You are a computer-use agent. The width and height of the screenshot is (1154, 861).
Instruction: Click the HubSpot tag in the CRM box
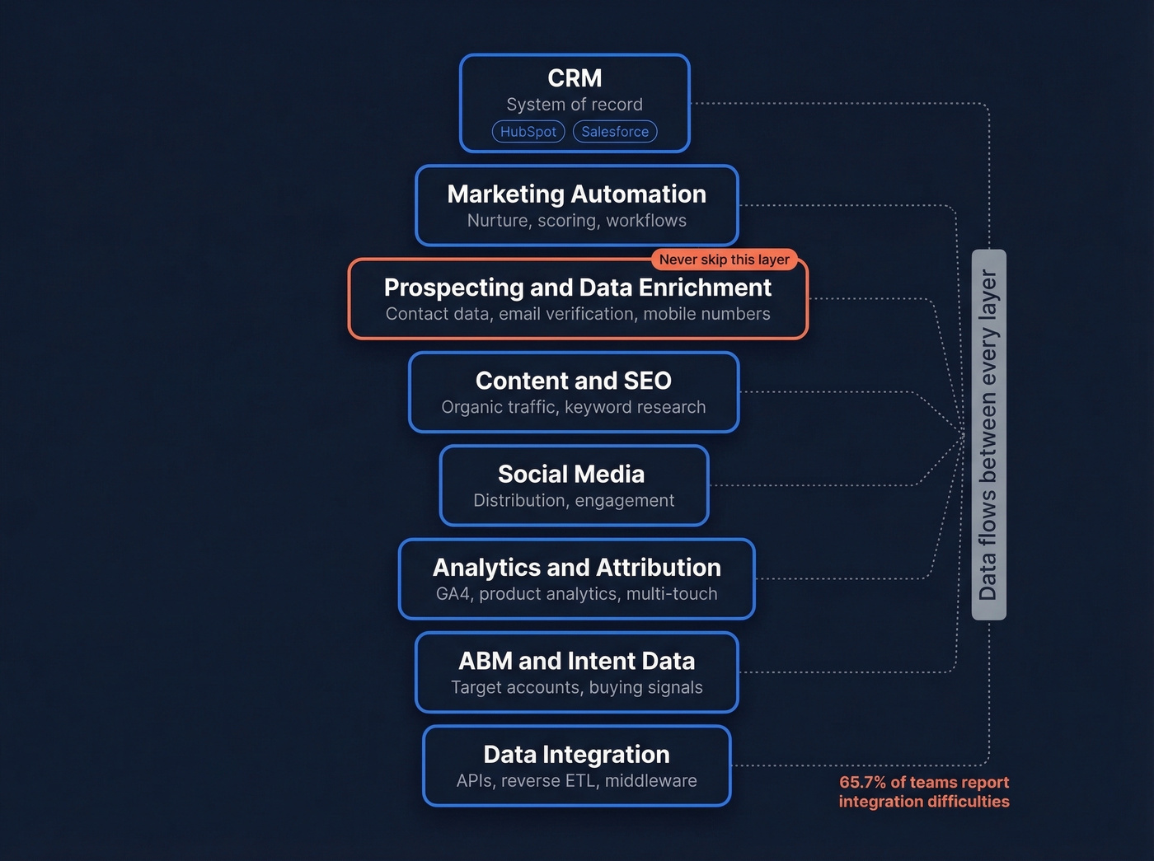tap(528, 132)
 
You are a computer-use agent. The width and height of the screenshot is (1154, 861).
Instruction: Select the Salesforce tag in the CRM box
tap(615, 132)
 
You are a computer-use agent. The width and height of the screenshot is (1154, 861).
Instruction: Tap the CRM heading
tap(575, 78)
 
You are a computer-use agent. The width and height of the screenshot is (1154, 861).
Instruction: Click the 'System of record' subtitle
tap(575, 105)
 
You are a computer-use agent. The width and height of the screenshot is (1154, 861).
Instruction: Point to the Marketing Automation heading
tap(576, 194)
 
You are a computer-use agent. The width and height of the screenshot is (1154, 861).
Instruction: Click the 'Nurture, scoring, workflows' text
tap(576, 221)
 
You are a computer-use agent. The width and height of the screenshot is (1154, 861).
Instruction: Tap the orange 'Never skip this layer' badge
tap(724, 260)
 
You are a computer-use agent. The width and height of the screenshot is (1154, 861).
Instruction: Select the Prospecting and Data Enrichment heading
tap(577, 288)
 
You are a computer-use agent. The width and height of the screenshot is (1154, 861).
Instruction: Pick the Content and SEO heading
tap(574, 381)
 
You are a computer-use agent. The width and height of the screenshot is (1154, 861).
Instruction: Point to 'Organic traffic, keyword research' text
tap(574, 407)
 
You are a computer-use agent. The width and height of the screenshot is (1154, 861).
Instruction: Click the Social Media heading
tap(571, 474)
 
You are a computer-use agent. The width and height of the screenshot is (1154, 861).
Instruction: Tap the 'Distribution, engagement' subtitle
tap(574, 501)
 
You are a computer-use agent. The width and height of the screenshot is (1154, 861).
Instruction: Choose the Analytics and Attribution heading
tap(576, 568)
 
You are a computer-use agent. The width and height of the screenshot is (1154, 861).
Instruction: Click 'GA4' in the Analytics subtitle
tap(453, 594)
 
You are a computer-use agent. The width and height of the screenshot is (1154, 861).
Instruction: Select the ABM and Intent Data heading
tap(576, 661)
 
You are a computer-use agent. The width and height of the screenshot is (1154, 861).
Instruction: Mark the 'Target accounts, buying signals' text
tap(576, 687)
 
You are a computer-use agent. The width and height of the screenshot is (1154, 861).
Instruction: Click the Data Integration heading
tap(576, 754)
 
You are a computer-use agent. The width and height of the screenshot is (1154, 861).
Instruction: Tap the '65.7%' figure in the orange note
tap(862, 783)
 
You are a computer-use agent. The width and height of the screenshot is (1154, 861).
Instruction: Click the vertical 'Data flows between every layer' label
tap(988, 434)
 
